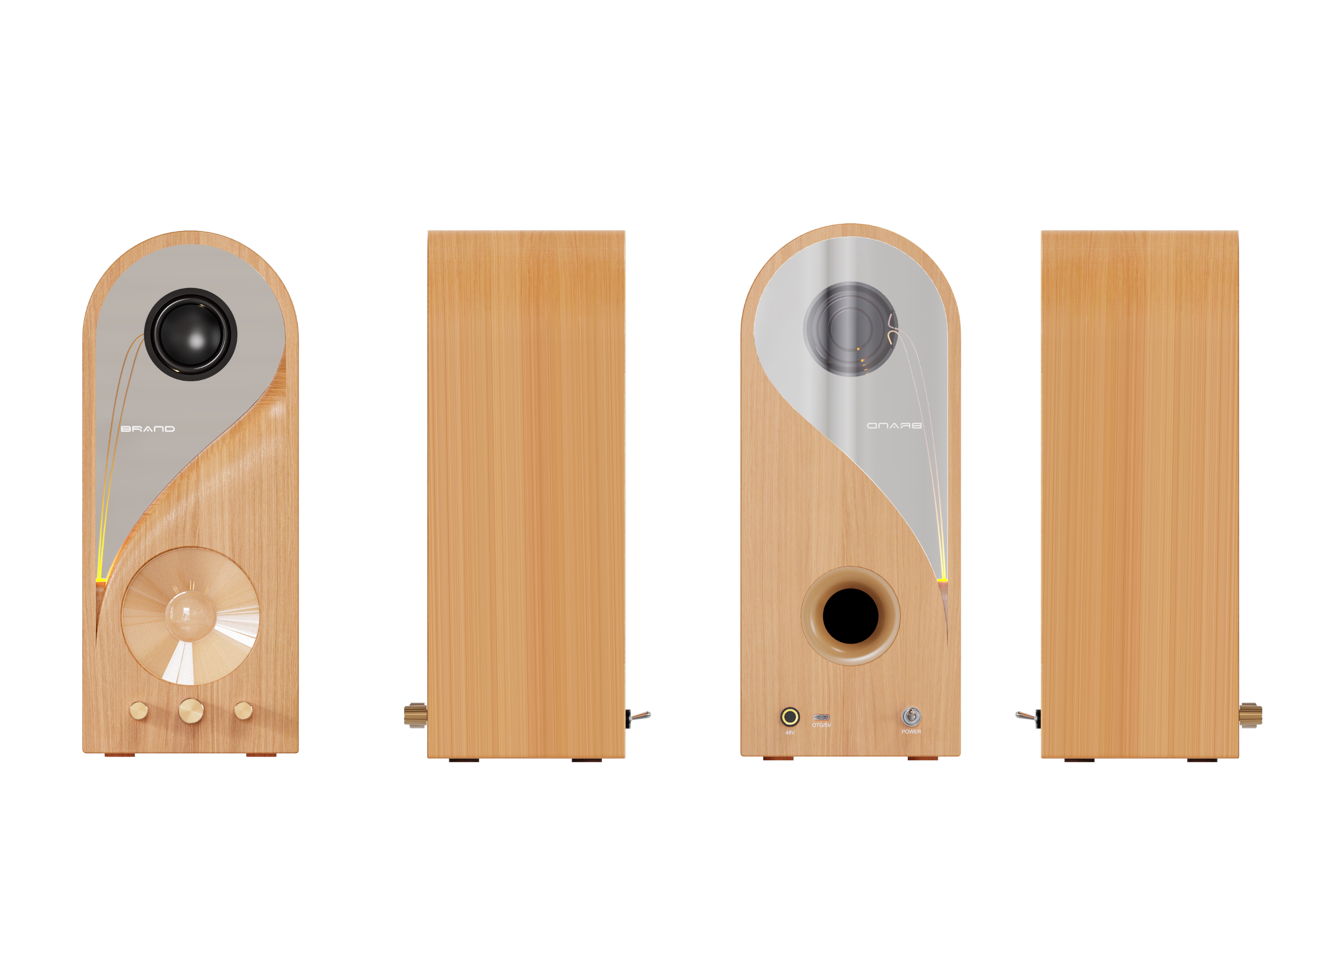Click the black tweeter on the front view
pos(190,334)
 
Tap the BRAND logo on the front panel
pos(148,429)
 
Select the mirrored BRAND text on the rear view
pos(893,425)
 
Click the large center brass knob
pos(191,711)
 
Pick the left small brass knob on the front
pos(139,711)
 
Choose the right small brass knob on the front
pos(243,711)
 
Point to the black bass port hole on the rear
pos(850,616)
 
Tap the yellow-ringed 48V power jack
pos(789,717)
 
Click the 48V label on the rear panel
pos(790,733)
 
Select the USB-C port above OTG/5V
pos(821,717)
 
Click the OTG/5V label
pos(821,725)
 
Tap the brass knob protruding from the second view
pos(415,715)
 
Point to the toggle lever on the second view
pos(639,716)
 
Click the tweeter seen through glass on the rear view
pos(849,328)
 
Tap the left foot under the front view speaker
pos(119,754)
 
